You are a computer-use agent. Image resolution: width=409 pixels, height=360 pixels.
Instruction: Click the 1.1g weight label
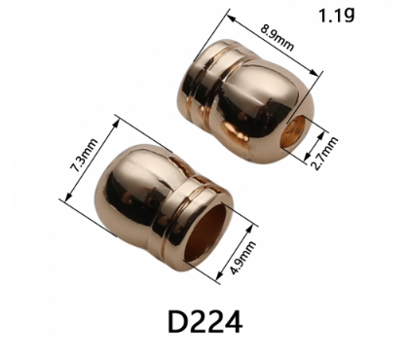click(x=336, y=15)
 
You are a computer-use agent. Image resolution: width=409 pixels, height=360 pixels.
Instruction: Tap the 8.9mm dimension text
click(x=277, y=37)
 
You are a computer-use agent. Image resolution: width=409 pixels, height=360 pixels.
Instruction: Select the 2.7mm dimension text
click(x=324, y=154)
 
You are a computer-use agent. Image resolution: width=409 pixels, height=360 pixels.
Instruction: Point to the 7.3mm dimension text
click(x=84, y=155)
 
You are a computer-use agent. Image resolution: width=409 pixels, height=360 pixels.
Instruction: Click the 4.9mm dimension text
click(x=243, y=258)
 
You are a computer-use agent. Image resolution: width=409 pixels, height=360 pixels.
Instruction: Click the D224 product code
click(x=204, y=321)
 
